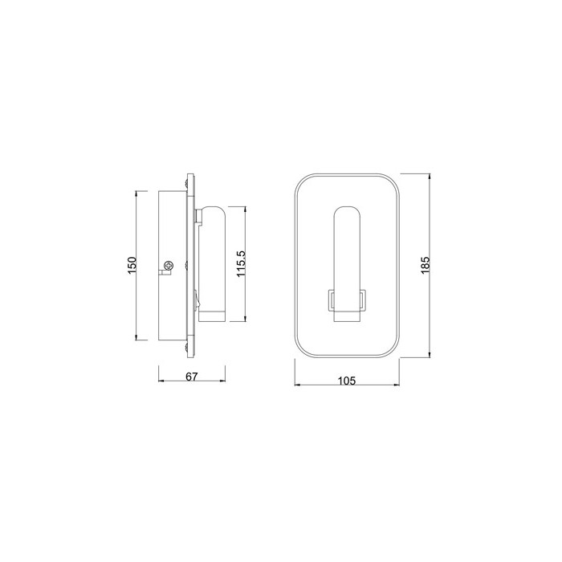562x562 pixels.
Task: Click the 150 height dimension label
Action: pyautogui.click(x=132, y=266)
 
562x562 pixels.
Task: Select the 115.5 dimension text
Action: pyautogui.click(x=241, y=263)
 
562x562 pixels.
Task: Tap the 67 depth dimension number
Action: pyautogui.click(x=192, y=377)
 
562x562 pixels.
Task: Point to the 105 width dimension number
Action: pyautogui.click(x=347, y=381)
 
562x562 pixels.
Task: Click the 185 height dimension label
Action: pyautogui.click(x=425, y=265)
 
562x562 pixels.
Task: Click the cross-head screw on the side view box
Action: pyautogui.click(x=168, y=266)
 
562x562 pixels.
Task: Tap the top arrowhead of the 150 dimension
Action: pyautogui.click(x=136, y=194)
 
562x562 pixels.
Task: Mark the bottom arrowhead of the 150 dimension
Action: pyautogui.click(x=136, y=337)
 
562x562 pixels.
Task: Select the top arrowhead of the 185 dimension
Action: pyautogui.click(x=430, y=177)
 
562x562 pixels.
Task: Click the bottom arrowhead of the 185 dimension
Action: pyautogui.click(x=430, y=355)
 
